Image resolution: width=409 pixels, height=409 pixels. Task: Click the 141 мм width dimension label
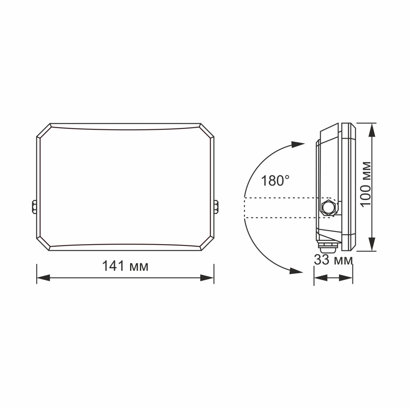[x=125, y=266]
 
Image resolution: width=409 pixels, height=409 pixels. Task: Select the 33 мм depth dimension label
[x=333, y=260]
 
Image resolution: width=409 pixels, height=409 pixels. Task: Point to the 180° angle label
[x=275, y=181]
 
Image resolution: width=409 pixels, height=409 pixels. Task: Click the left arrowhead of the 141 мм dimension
[x=43, y=278]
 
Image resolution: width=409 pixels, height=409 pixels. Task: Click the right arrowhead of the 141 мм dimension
[x=207, y=278]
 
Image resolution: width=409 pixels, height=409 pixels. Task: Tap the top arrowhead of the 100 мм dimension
[x=372, y=130]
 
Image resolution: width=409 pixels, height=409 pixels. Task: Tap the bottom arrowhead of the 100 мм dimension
[x=372, y=245]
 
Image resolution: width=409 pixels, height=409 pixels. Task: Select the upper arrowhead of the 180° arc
[x=298, y=144]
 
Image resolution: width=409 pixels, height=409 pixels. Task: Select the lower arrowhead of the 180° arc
[x=296, y=271]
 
